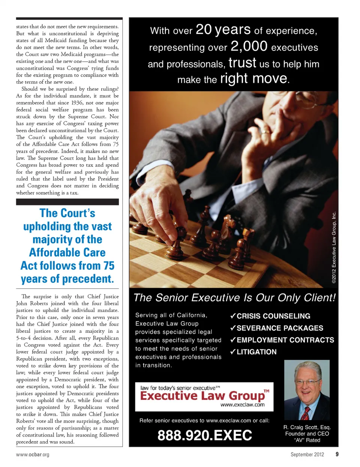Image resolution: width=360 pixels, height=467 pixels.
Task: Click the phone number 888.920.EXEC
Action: (205, 435)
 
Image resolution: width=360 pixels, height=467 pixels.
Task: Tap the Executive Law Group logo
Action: (204, 396)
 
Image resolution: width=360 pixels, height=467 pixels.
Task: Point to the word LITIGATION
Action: (256, 352)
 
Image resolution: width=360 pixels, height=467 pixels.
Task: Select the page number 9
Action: (337, 454)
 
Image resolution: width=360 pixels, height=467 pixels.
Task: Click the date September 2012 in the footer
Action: (307, 454)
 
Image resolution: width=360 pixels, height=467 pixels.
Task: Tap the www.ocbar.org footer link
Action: (33, 454)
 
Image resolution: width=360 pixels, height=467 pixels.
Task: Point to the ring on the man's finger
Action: (265, 132)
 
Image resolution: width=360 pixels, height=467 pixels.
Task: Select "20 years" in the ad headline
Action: (223, 30)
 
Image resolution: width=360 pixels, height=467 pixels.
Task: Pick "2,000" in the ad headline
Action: (249, 47)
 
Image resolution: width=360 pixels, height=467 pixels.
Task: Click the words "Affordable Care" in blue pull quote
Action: (67, 252)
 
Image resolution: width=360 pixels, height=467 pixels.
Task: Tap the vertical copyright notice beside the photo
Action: (334, 248)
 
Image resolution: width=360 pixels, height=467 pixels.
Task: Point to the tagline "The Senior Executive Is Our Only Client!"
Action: (234, 298)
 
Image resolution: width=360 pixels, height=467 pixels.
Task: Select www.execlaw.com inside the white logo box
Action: (242, 405)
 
